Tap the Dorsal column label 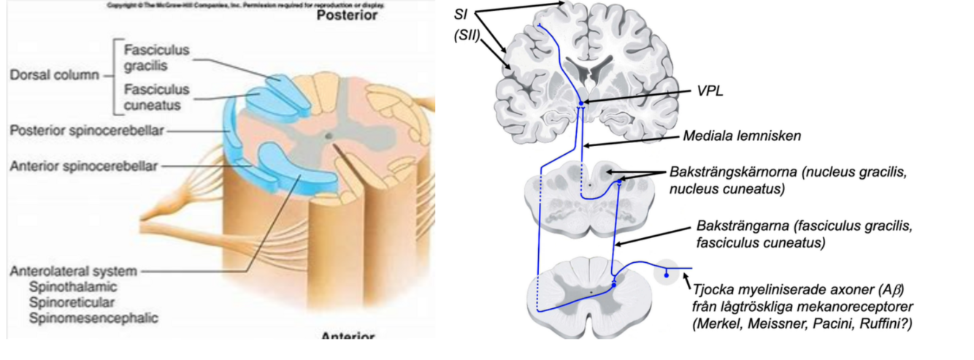pyautogui.click(x=55, y=76)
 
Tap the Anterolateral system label pyautogui.click(x=73, y=272)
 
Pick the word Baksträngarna pyautogui.click(x=737, y=226)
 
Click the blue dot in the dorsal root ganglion pyautogui.click(x=666, y=274)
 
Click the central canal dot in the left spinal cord pyautogui.click(x=327, y=135)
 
